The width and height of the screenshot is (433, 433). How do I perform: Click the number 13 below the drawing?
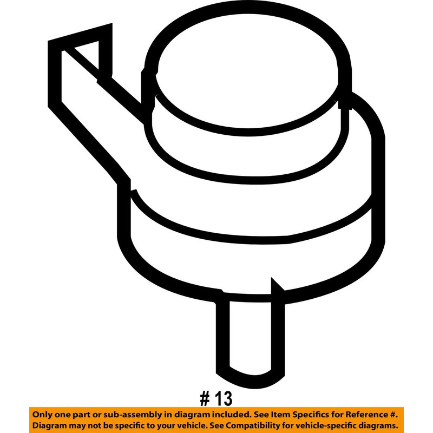223,398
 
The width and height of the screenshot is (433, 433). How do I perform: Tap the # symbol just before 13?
205,398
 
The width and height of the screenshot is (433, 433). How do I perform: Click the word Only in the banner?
45,415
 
